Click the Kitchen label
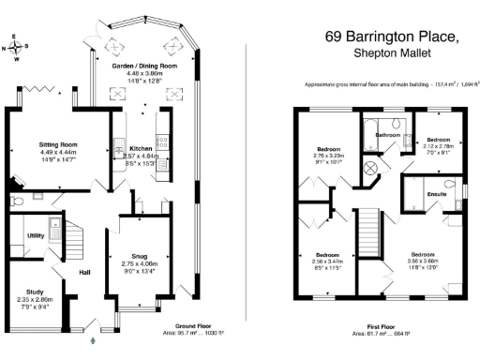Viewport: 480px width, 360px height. (140, 148)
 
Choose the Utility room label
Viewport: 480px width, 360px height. (37, 235)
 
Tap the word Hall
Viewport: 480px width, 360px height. (84, 274)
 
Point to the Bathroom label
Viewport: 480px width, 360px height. (388, 135)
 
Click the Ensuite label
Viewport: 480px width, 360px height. (436, 195)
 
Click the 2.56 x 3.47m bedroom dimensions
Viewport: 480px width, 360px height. (326, 262)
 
